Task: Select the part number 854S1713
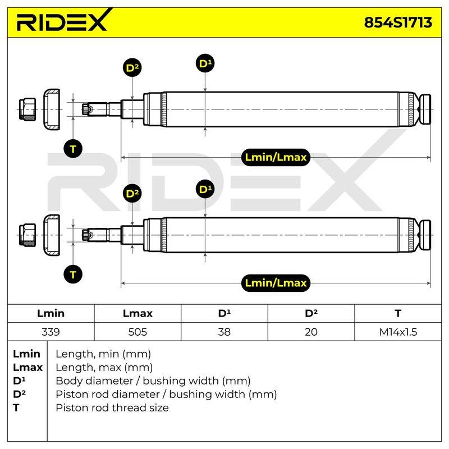coord(398,22)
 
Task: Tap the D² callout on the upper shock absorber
coord(132,68)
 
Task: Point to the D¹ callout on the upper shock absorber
coord(205,63)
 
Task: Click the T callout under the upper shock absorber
coord(73,149)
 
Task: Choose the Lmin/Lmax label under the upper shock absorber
coord(276,157)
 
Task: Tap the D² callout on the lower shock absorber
coord(132,194)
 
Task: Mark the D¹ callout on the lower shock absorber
coord(205,189)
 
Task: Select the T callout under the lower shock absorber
coord(73,274)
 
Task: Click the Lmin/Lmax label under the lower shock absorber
coord(276,283)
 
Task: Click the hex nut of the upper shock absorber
coord(28,109)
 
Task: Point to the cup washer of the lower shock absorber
coord(52,235)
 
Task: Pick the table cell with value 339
coord(51,332)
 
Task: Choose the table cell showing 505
coord(138,332)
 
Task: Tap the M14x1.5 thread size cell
coord(398,332)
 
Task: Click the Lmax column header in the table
coord(138,313)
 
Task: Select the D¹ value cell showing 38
coord(224,332)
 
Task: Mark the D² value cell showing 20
coord(311,332)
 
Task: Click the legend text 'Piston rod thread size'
coord(112,407)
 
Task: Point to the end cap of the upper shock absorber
coord(425,109)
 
